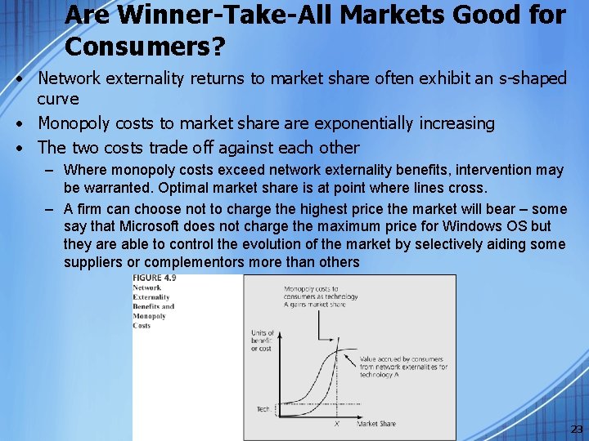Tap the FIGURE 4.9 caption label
[155, 278]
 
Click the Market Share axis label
[377, 423]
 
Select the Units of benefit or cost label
[262, 341]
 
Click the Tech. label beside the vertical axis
[263, 409]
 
